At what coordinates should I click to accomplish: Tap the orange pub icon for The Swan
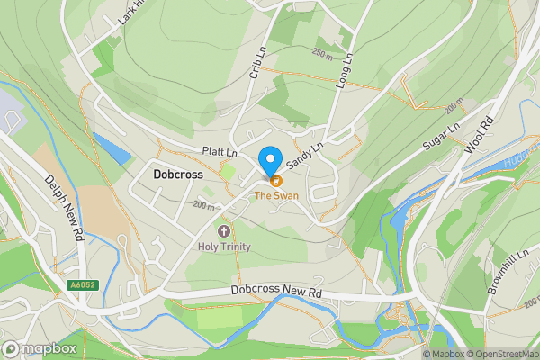[275, 180]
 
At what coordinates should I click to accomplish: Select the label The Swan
[275, 194]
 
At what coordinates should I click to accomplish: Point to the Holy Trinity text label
[225, 247]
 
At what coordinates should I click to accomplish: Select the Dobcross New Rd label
[275, 292]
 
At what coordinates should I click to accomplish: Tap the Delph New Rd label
[63, 204]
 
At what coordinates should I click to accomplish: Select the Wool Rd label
[481, 133]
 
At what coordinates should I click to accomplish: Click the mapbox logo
[38, 347]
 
